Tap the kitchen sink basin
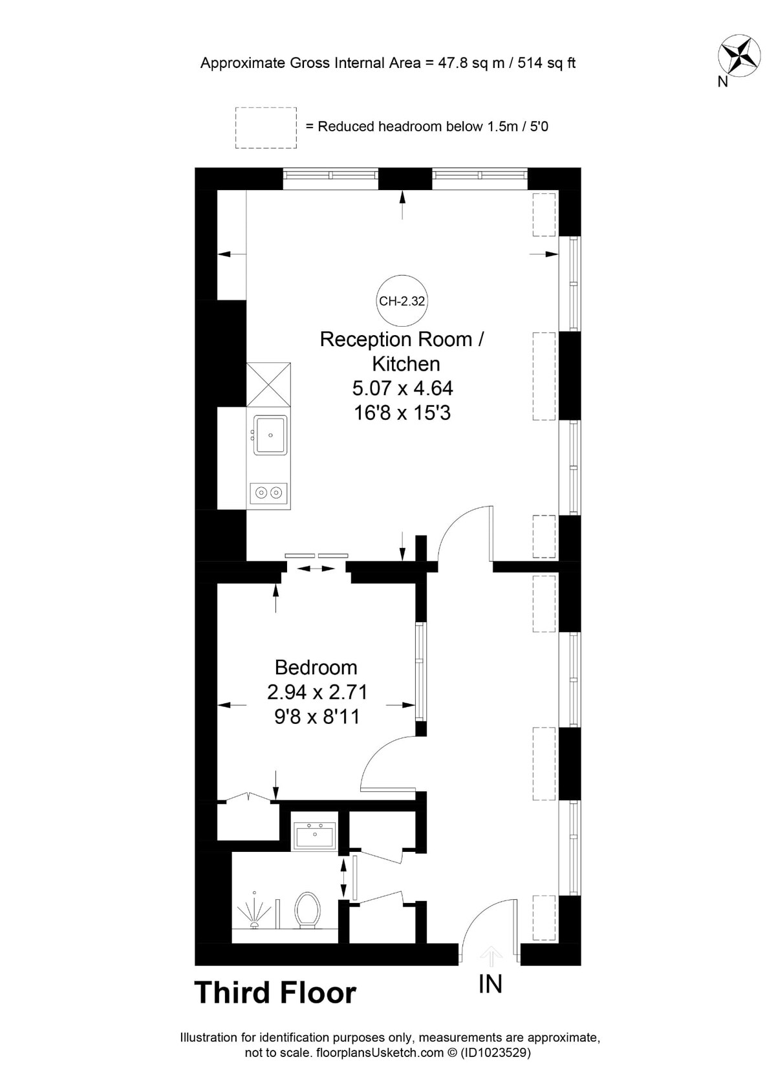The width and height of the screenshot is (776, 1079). (270, 435)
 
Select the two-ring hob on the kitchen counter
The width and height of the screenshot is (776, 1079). (268, 493)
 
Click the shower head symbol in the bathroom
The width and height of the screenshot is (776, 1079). (253, 910)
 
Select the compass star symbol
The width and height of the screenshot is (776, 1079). (739, 56)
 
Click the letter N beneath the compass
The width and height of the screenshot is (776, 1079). (722, 82)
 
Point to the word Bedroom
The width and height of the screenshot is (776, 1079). (316, 668)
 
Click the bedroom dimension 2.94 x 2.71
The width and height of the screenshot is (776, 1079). (318, 692)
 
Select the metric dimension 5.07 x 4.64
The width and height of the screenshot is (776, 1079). (402, 387)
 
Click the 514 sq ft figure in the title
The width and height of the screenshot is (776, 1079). (547, 63)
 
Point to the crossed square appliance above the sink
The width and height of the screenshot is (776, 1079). (268, 385)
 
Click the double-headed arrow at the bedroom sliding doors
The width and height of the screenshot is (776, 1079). (316, 569)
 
